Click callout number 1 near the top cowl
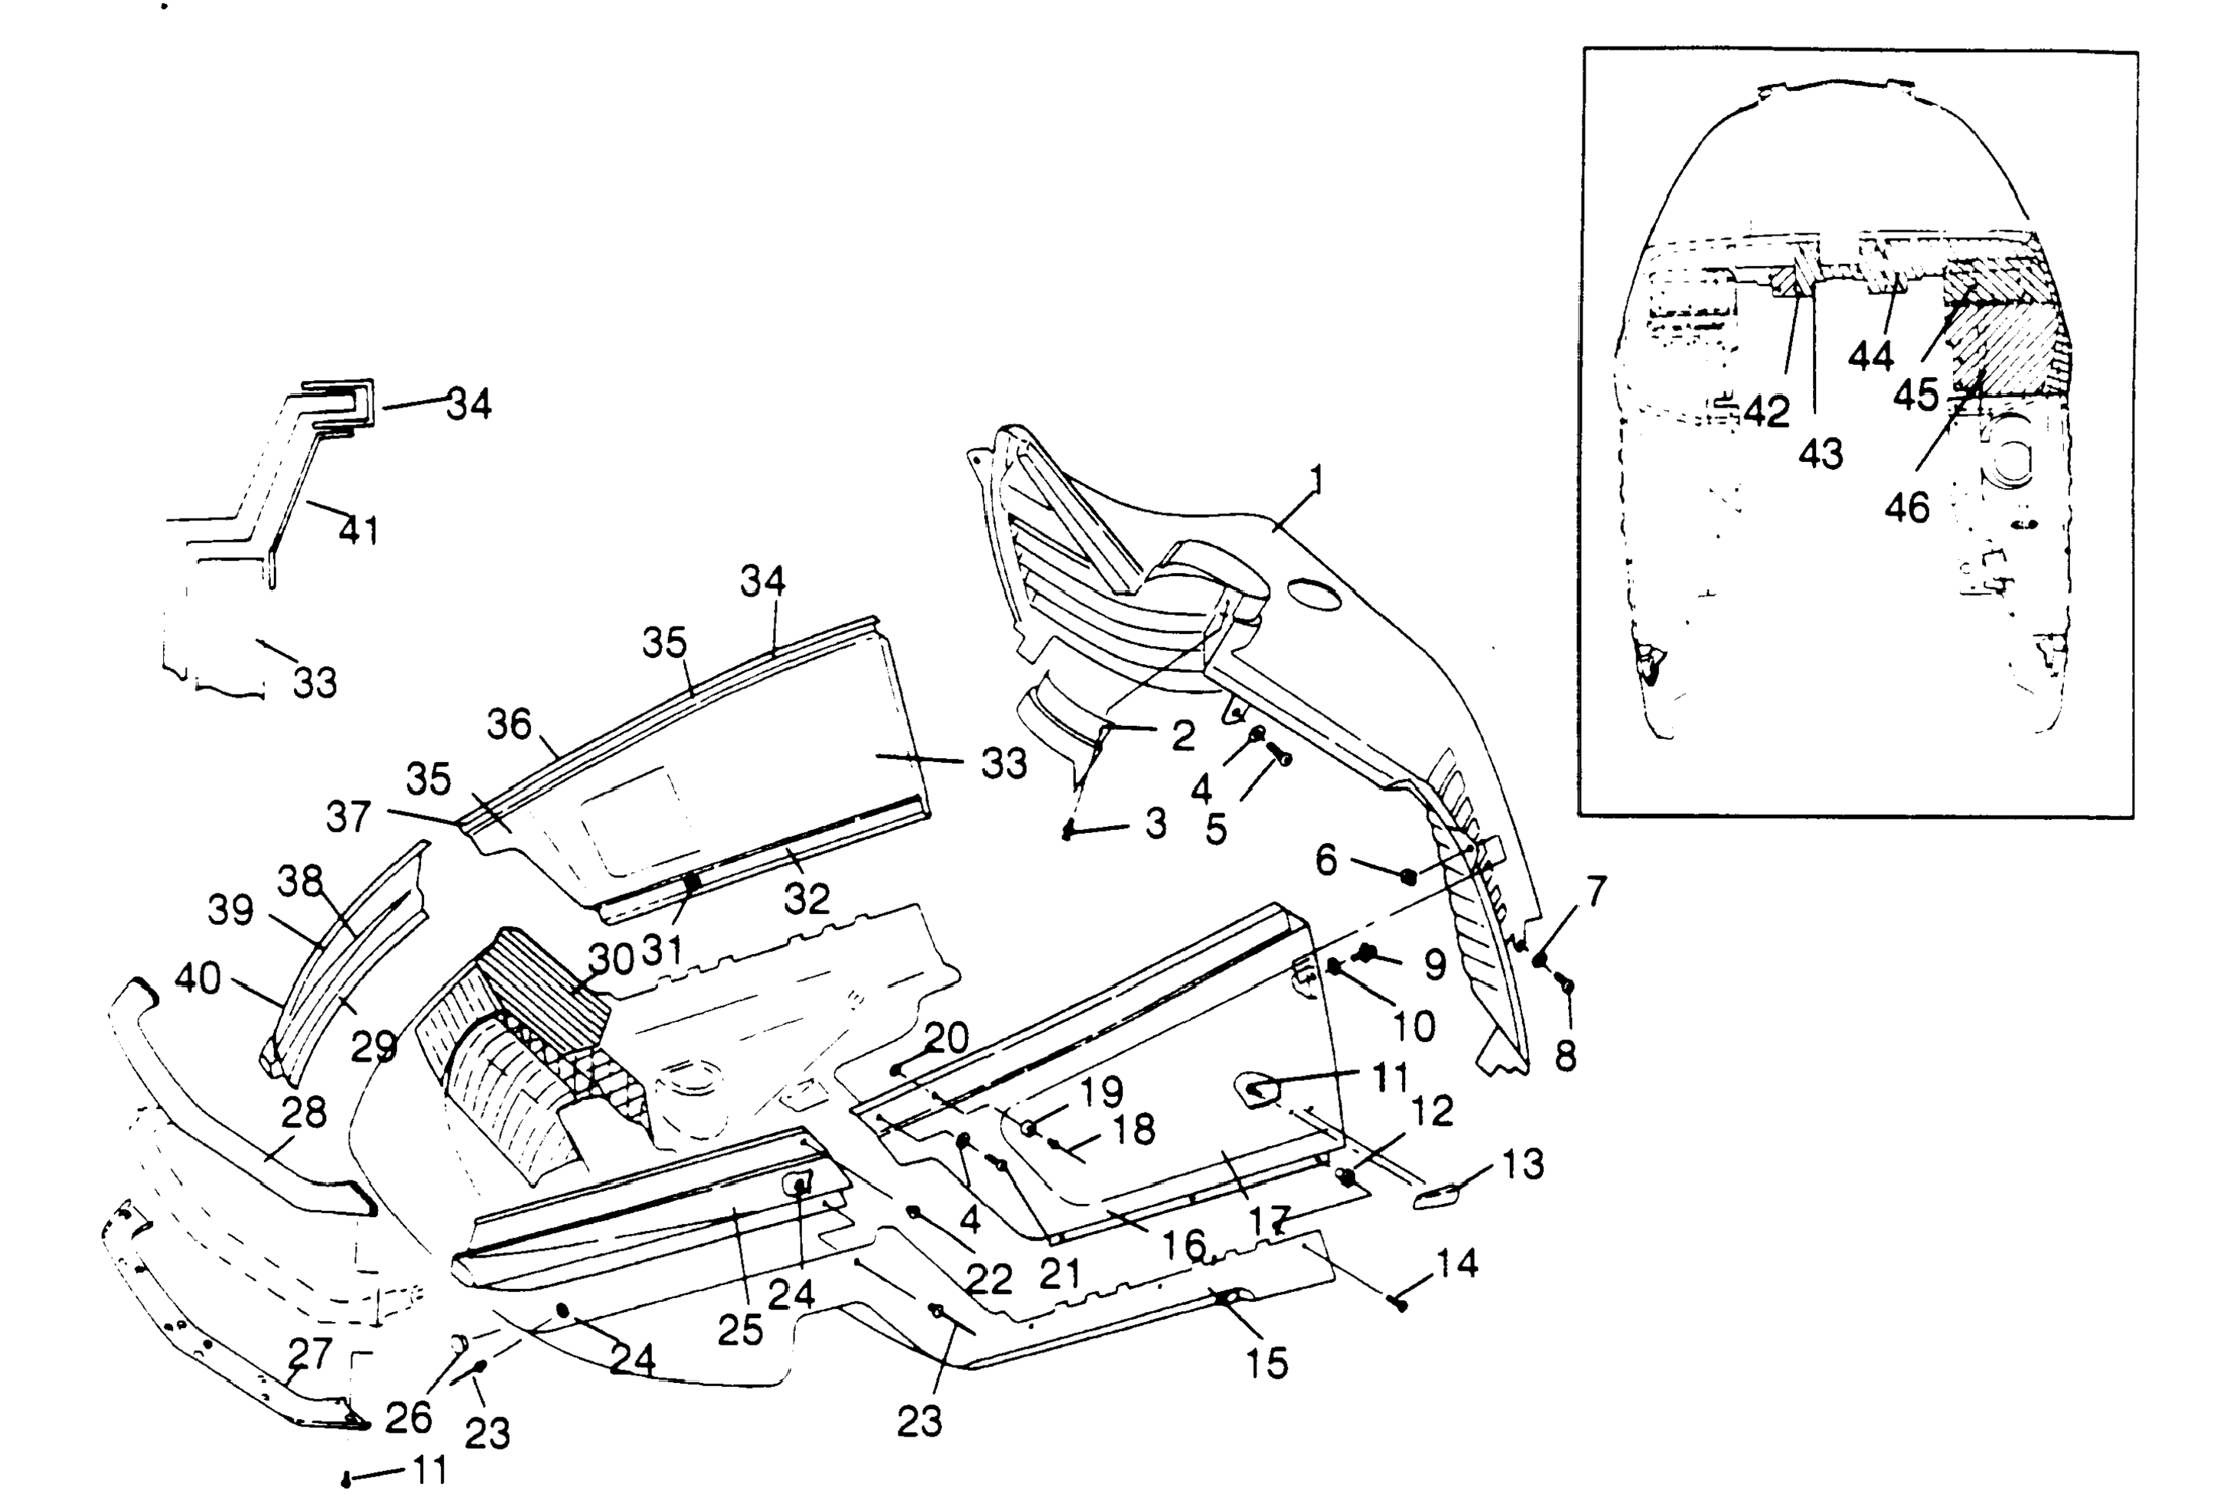coord(1316,480)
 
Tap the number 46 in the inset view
coord(1907,508)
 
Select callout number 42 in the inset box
coord(1767,412)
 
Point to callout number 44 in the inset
coord(1871,356)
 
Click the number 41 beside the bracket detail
coord(359,530)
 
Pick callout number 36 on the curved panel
coord(509,725)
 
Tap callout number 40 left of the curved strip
coord(198,978)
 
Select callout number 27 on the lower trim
coord(310,1354)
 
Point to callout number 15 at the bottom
coord(1267,1363)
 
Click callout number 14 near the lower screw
coord(1456,1264)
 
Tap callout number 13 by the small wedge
coord(1523,1164)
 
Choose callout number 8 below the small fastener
coord(1566,1056)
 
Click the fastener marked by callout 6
coord(1409,877)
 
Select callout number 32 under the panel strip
coord(807,899)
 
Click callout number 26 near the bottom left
coord(409,1418)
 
